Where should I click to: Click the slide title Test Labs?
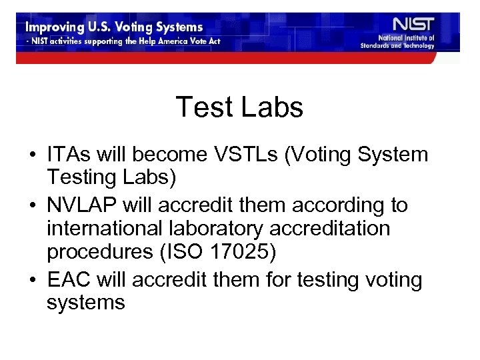tap(239, 107)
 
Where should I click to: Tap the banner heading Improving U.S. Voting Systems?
tap(114, 27)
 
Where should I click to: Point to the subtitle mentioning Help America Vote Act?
tap(123, 41)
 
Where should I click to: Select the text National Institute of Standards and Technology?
tap(397, 42)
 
